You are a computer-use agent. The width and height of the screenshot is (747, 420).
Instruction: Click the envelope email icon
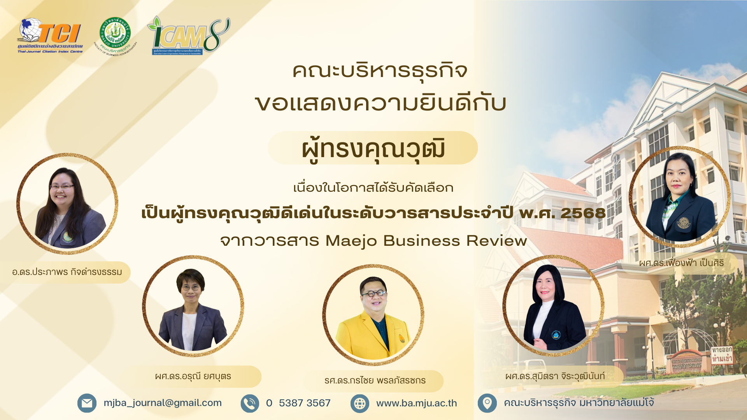pos(87,403)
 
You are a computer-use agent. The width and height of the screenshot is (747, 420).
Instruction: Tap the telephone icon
pos(250,403)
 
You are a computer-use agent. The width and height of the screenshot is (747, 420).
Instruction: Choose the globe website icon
pos(359,403)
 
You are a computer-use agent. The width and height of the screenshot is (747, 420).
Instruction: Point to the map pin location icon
pos(487,403)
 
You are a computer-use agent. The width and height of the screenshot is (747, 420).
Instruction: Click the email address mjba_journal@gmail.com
pos(163,403)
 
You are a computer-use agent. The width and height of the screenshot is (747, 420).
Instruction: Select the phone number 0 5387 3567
pos(298,403)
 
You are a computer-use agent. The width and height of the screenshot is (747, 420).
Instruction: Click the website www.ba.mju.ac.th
pos(416,403)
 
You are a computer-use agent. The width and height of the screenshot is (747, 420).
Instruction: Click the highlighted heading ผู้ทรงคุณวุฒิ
pos(373,149)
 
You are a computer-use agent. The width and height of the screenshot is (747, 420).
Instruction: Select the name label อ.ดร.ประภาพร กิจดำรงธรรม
pos(67,272)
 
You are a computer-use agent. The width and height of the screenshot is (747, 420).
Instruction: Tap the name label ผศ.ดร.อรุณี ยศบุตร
pos(193,376)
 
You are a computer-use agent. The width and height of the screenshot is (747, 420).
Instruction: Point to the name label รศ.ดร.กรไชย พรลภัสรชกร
pos(375,380)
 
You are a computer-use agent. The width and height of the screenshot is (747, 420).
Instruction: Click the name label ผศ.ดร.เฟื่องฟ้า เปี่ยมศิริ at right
pos(681,263)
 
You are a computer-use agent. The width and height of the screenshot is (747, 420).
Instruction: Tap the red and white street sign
pos(722,355)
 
